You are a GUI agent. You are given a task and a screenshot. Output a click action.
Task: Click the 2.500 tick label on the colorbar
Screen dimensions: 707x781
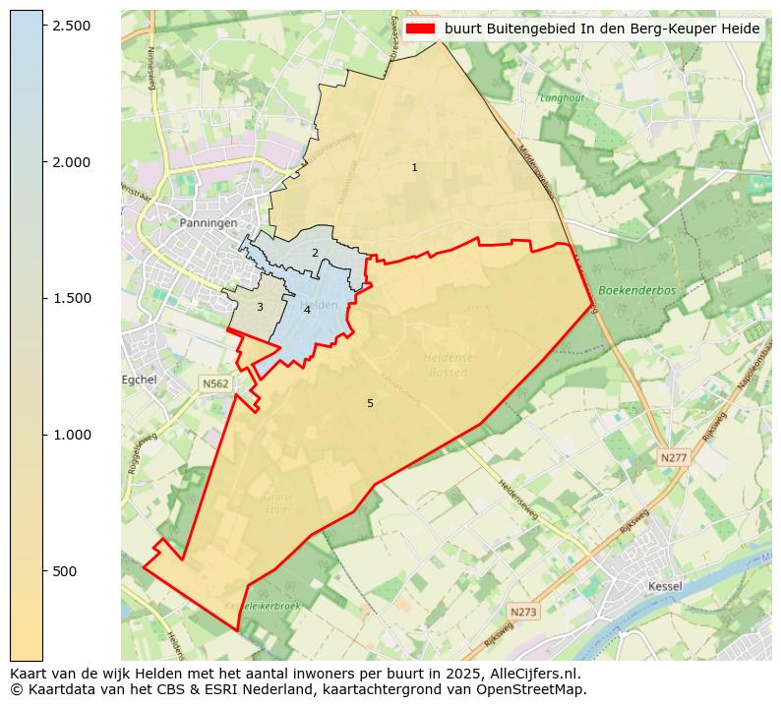(72, 26)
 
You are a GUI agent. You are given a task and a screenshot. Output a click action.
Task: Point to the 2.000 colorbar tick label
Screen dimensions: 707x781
(72, 162)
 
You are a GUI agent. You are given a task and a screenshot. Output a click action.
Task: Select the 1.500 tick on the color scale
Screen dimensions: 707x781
(72, 299)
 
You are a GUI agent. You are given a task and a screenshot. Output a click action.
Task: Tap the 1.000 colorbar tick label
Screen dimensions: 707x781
(72, 435)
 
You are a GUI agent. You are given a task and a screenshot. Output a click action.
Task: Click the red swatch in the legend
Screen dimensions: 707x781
(420, 29)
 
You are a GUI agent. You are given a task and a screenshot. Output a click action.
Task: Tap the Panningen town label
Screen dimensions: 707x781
(209, 223)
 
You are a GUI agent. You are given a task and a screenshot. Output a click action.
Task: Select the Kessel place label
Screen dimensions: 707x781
(666, 586)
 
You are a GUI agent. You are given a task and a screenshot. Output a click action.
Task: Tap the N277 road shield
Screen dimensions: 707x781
(674, 457)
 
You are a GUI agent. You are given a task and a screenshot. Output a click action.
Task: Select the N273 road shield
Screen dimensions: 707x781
(524, 612)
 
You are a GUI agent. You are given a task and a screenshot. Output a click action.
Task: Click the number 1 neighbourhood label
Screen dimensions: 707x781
(414, 168)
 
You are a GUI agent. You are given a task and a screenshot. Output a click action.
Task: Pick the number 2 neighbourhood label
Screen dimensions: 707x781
(315, 253)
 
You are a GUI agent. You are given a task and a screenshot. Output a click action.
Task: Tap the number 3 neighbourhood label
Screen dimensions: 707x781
(260, 308)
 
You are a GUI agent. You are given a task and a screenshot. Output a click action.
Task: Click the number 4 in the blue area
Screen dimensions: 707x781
(307, 310)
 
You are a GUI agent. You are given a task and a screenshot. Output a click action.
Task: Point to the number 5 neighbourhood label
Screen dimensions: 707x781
(370, 403)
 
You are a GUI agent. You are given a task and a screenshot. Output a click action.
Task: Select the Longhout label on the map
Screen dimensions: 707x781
(562, 98)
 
